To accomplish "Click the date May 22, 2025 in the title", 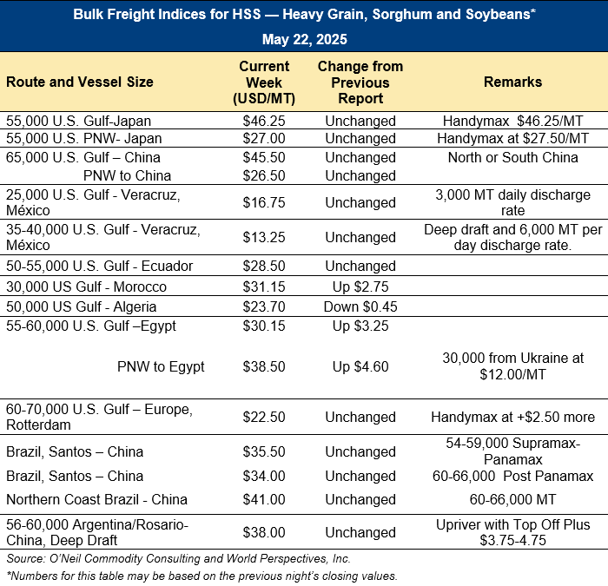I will click(304, 39).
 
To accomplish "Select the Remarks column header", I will click(512, 82).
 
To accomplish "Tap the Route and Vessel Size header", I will click(80, 82).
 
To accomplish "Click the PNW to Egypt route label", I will click(161, 366).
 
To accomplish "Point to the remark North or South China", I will click(512, 158).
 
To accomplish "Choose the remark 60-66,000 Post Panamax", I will click(512, 476).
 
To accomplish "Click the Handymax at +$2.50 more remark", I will click(512, 417).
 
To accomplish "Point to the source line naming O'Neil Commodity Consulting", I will click(178, 558).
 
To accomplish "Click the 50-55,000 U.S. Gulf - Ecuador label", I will click(99, 266).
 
